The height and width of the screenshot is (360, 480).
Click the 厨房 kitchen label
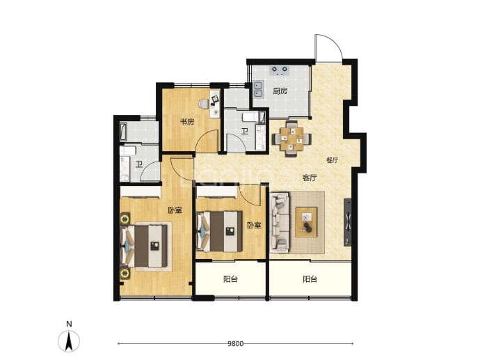click(280, 91)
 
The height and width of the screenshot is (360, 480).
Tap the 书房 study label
click(186, 122)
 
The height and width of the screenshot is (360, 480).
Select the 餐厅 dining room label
click(332, 160)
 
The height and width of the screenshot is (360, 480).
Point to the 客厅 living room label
click(310, 178)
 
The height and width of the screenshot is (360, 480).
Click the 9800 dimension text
click(235, 344)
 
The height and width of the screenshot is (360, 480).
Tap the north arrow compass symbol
click(69, 341)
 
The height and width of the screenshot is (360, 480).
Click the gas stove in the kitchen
click(280, 70)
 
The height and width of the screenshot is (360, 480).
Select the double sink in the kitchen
click(258, 89)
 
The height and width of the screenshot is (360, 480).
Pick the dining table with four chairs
click(291, 139)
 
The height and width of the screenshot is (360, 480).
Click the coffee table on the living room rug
click(306, 222)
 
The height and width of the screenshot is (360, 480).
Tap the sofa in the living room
click(280, 222)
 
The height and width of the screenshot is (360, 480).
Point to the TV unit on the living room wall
click(348, 222)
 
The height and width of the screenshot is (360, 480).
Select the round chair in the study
click(203, 104)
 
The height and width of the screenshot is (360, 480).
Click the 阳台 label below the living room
click(310, 279)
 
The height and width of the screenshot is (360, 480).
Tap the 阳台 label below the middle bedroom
click(230, 279)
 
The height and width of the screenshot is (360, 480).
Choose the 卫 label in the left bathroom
click(139, 165)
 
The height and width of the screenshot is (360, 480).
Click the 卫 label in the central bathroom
click(244, 132)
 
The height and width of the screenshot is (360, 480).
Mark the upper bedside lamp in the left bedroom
click(125, 219)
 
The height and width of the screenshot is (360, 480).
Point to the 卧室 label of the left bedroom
click(175, 210)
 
